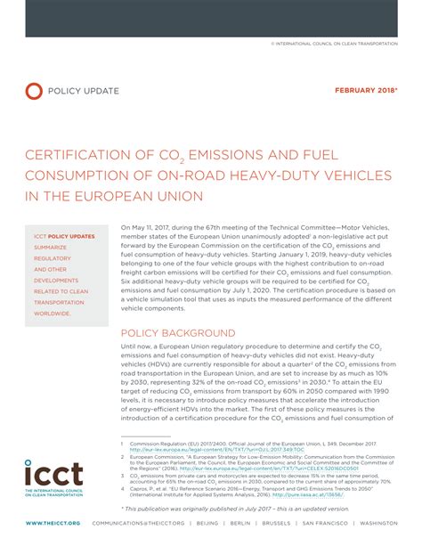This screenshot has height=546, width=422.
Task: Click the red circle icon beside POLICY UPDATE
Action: pos(34,90)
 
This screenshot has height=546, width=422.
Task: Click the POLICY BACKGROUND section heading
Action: pos(172,334)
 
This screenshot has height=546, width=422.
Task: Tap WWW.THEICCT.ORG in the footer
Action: pos(53,523)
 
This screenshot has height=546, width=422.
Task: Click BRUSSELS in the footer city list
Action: pos(277,523)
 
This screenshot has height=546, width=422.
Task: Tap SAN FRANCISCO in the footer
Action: pos(329,523)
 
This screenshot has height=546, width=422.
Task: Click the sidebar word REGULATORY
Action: pos(53,258)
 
